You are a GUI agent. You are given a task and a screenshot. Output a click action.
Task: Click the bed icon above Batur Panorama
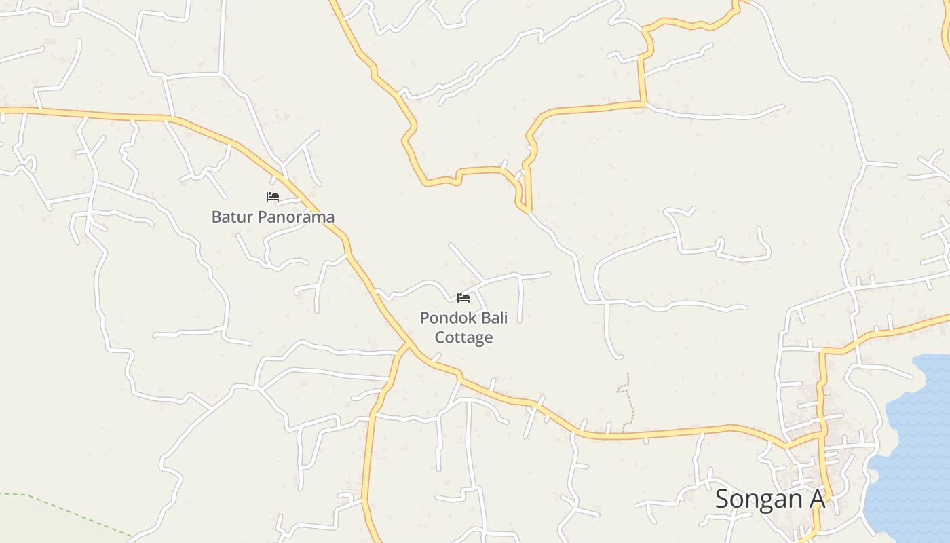(x=273, y=197)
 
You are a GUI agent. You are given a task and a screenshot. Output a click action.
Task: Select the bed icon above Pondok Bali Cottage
(x=463, y=297)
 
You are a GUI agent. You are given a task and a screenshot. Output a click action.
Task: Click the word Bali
(x=495, y=318)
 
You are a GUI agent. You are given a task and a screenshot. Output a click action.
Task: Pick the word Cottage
(x=464, y=337)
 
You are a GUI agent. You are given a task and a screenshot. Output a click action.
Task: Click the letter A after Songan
(x=816, y=499)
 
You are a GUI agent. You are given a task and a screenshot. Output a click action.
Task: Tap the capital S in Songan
(x=723, y=499)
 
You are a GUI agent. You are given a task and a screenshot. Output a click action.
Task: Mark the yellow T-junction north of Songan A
(x=823, y=352)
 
